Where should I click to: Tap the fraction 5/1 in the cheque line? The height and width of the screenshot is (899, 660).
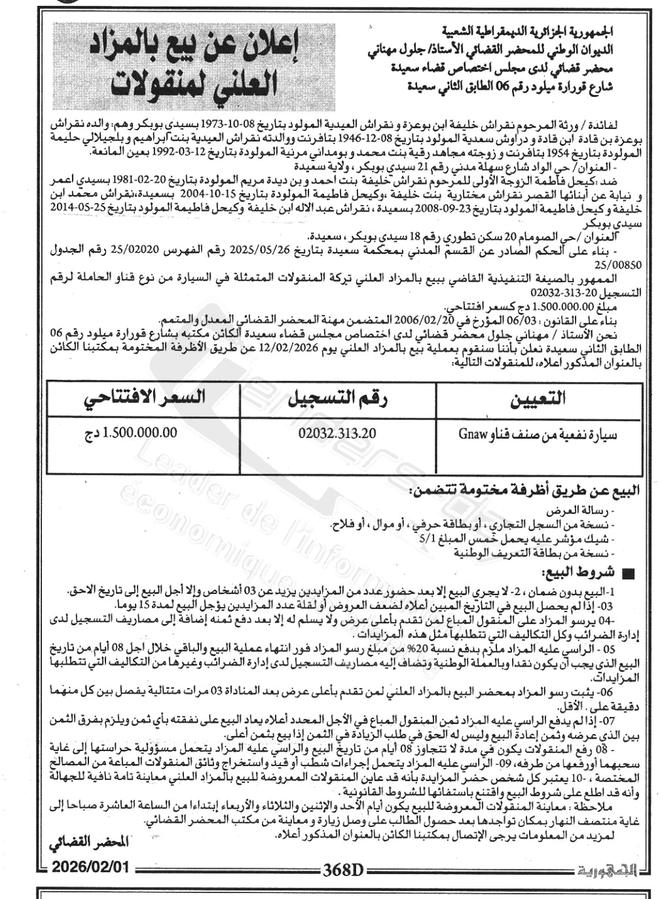pos(426,538)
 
